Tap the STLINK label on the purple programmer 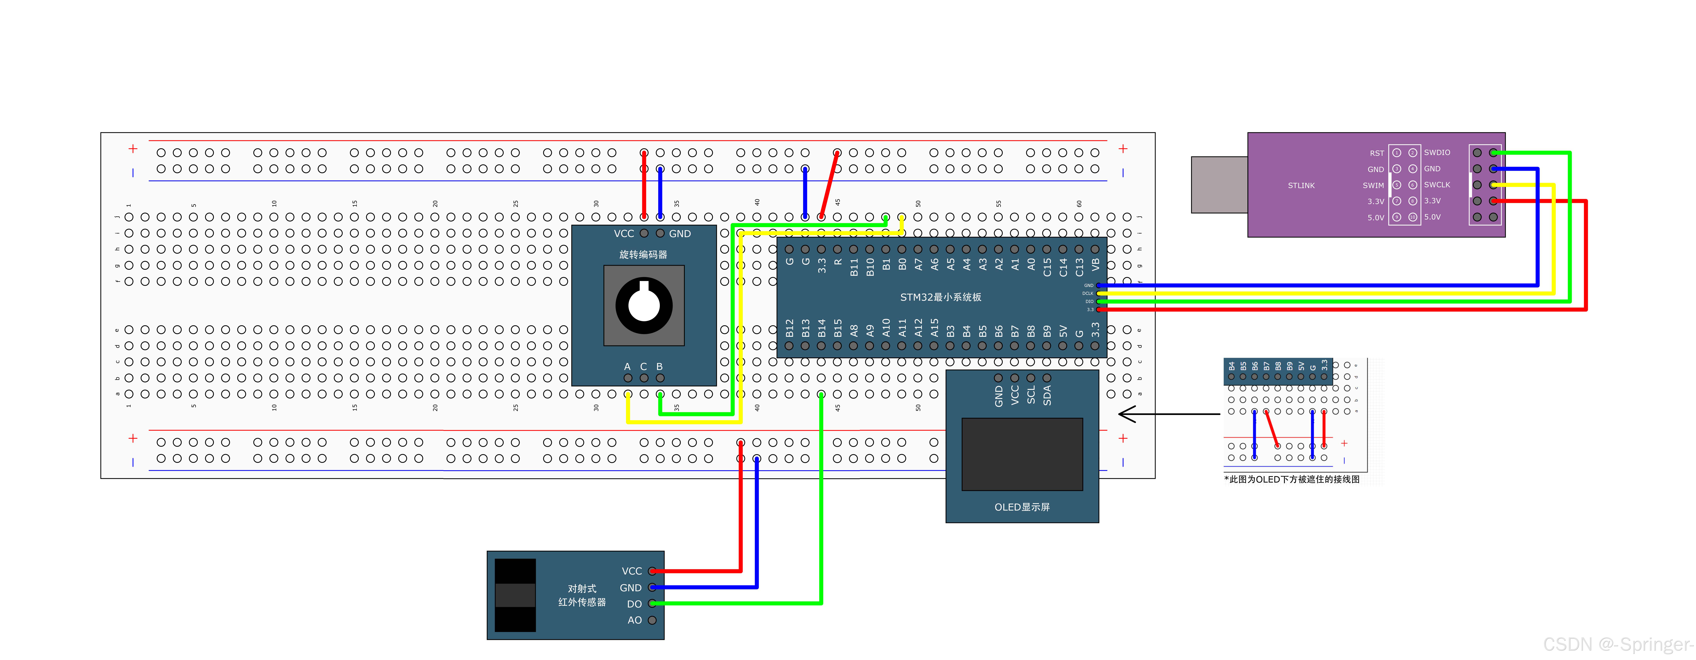[x=1301, y=186]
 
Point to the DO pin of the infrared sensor [x=652, y=603]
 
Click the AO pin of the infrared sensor [x=652, y=620]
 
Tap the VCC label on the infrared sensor [x=631, y=571]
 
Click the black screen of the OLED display [x=1022, y=454]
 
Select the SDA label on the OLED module [x=1047, y=395]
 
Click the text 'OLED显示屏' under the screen [x=1022, y=507]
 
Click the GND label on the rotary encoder [x=680, y=234]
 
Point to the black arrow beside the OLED [x=1169, y=414]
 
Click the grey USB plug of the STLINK [x=1219, y=185]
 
